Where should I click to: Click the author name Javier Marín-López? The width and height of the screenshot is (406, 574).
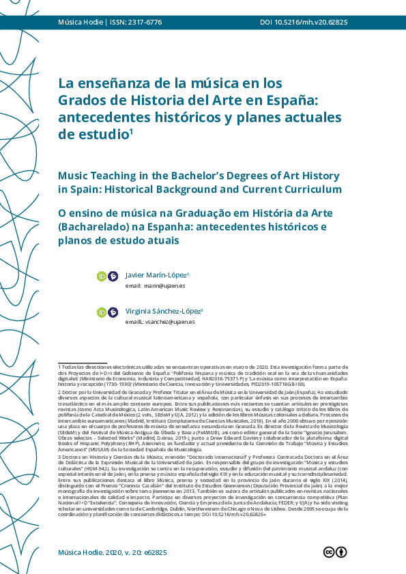[x=156, y=275]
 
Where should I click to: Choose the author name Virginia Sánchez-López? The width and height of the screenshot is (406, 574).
[x=164, y=311]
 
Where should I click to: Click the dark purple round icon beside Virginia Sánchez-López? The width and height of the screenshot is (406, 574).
[x=113, y=312]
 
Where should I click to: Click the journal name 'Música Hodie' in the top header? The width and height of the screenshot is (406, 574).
[x=80, y=22]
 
